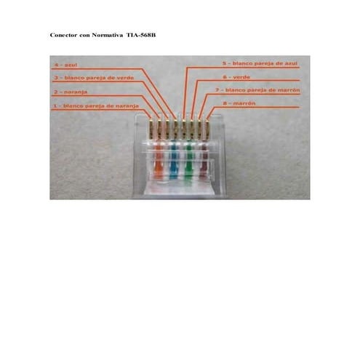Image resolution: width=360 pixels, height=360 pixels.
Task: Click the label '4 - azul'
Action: [x=66, y=64]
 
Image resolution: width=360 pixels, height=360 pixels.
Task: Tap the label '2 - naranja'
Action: [x=70, y=92]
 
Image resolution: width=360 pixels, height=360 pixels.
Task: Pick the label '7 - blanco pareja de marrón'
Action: [x=256, y=90]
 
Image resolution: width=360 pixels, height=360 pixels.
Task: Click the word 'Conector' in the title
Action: [x=64, y=34]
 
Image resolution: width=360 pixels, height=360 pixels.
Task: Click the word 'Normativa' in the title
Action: [x=108, y=34]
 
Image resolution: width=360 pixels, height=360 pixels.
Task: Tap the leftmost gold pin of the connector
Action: [x=151, y=129]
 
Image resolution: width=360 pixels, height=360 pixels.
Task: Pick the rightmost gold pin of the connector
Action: [x=207, y=129]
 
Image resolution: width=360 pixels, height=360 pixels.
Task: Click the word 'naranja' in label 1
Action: [x=121, y=106]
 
